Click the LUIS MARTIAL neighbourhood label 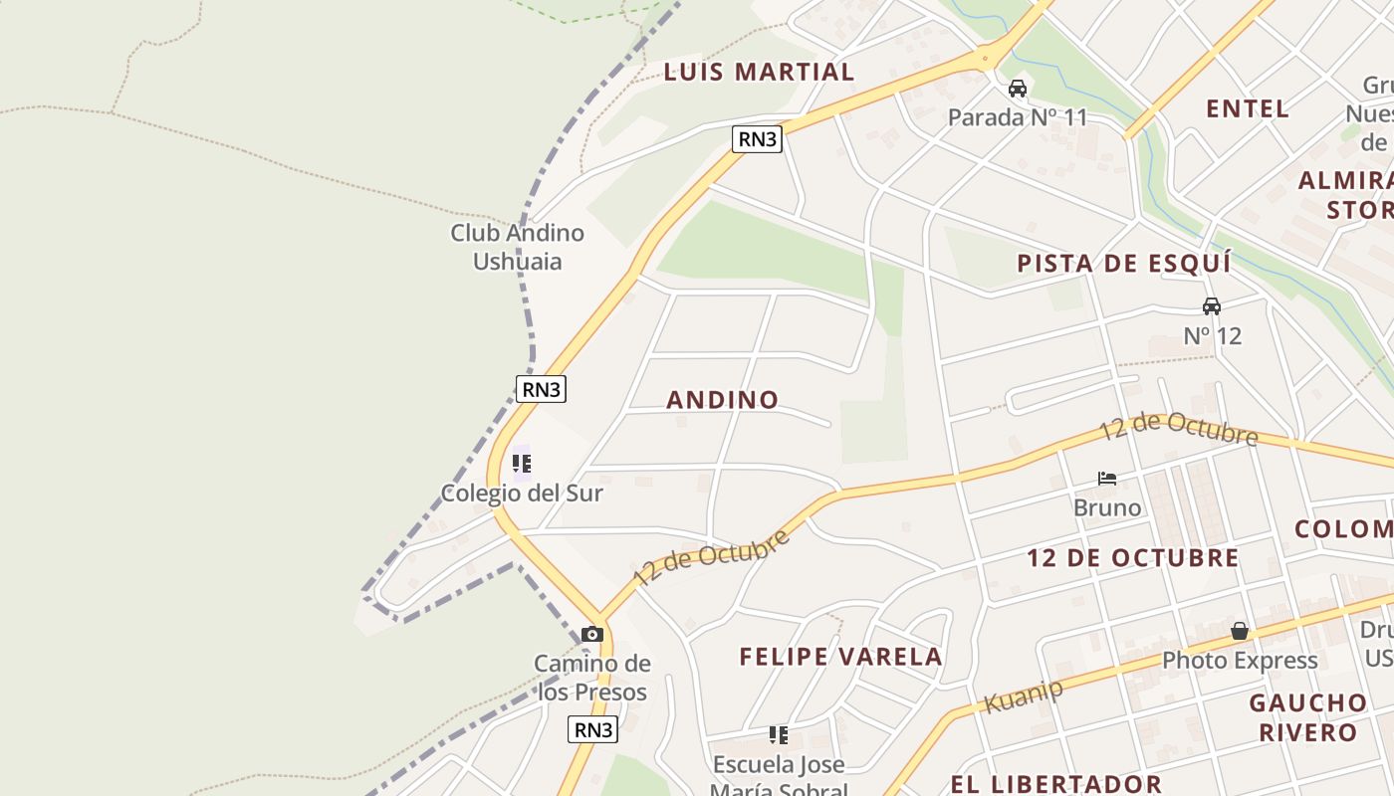click(x=759, y=72)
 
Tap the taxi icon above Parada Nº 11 click(x=1018, y=89)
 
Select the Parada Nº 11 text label click(x=1018, y=117)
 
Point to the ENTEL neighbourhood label click(x=1248, y=108)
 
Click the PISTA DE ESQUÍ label click(x=1123, y=264)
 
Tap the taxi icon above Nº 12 click(x=1212, y=306)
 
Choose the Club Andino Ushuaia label click(x=517, y=247)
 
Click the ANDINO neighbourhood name click(x=722, y=400)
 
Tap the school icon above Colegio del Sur click(x=522, y=464)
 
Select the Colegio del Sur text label click(x=522, y=493)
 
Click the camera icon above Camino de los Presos click(x=592, y=634)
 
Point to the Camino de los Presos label click(x=592, y=678)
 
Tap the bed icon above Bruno click(x=1107, y=479)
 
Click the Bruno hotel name click(x=1107, y=507)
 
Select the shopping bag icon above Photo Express click(x=1240, y=631)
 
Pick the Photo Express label click(x=1240, y=660)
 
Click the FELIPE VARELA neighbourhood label click(x=840, y=657)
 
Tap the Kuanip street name click(x=1023, y=695)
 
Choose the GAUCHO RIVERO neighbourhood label click(x=1307, y=717)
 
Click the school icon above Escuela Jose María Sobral click(x=779, y=735)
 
